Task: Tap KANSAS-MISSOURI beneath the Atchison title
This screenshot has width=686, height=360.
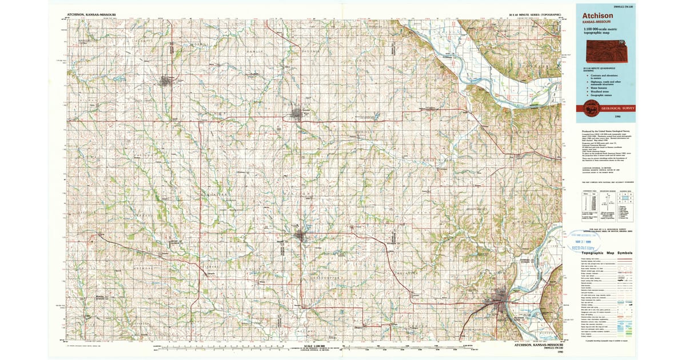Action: pos(596,22)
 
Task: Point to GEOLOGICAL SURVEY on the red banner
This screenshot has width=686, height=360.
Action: pos(616,107)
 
